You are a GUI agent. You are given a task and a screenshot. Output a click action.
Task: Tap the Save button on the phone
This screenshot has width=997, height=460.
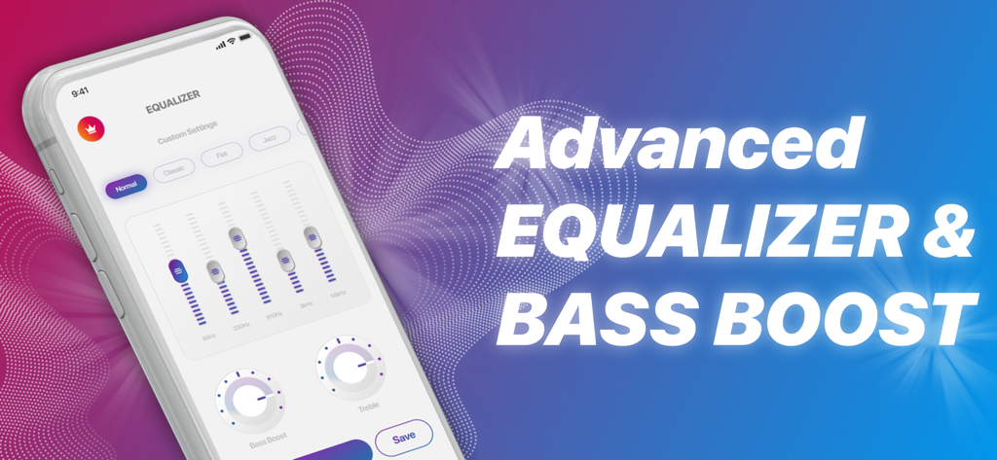(x=403, y=438)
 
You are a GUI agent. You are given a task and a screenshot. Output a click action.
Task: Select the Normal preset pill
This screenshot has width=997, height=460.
(x=127, y=186)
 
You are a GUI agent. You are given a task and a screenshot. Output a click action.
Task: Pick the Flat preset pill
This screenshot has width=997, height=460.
(x=221, y=156)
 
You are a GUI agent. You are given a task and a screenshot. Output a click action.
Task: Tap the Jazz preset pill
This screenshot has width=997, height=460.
(x=269, y=142)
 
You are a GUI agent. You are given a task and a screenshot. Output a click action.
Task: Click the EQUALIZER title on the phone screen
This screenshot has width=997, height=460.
(x=172, y=95)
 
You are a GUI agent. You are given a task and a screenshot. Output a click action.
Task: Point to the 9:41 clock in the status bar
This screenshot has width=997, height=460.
(x=79, y=92)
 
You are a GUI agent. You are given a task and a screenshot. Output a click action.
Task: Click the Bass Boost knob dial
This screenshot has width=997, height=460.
(x=248, y=400)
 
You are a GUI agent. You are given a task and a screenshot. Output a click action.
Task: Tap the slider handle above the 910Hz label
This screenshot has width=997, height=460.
(x=284, y=260)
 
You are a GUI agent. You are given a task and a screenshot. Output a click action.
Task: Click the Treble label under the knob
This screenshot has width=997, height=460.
(x=368, y=407)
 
